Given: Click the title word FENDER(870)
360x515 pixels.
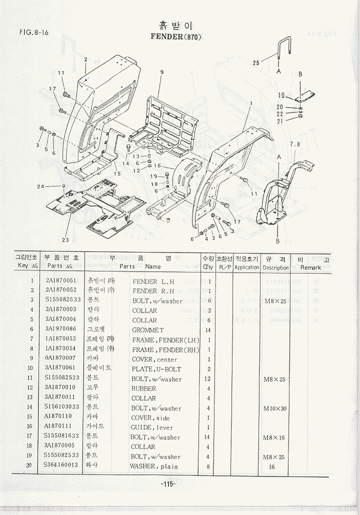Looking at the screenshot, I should (x=175, y=37).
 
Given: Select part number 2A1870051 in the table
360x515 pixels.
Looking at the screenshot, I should (x=61, y=280).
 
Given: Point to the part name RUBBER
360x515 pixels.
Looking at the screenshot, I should (x=144, y=388).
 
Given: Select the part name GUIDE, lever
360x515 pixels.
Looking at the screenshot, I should (x=152, y=427).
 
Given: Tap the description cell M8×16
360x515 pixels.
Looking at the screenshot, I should (x=274, y=437).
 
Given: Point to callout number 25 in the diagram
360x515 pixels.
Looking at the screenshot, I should (x=256, y=63).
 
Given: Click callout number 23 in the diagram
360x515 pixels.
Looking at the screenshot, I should (x=65, y=239).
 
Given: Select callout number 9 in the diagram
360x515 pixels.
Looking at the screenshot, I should (x=161, y=72).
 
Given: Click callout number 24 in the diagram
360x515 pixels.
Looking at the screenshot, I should (x=41, y=187).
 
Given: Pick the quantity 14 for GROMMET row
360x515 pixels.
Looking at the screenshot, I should (x=208, y=330).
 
